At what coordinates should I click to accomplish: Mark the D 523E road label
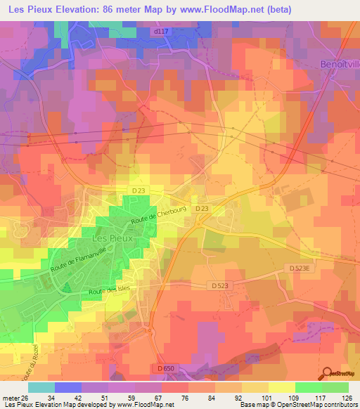304,267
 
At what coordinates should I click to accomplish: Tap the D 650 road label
165,368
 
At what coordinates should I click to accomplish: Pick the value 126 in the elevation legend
347,397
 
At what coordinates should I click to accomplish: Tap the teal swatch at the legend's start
41,387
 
